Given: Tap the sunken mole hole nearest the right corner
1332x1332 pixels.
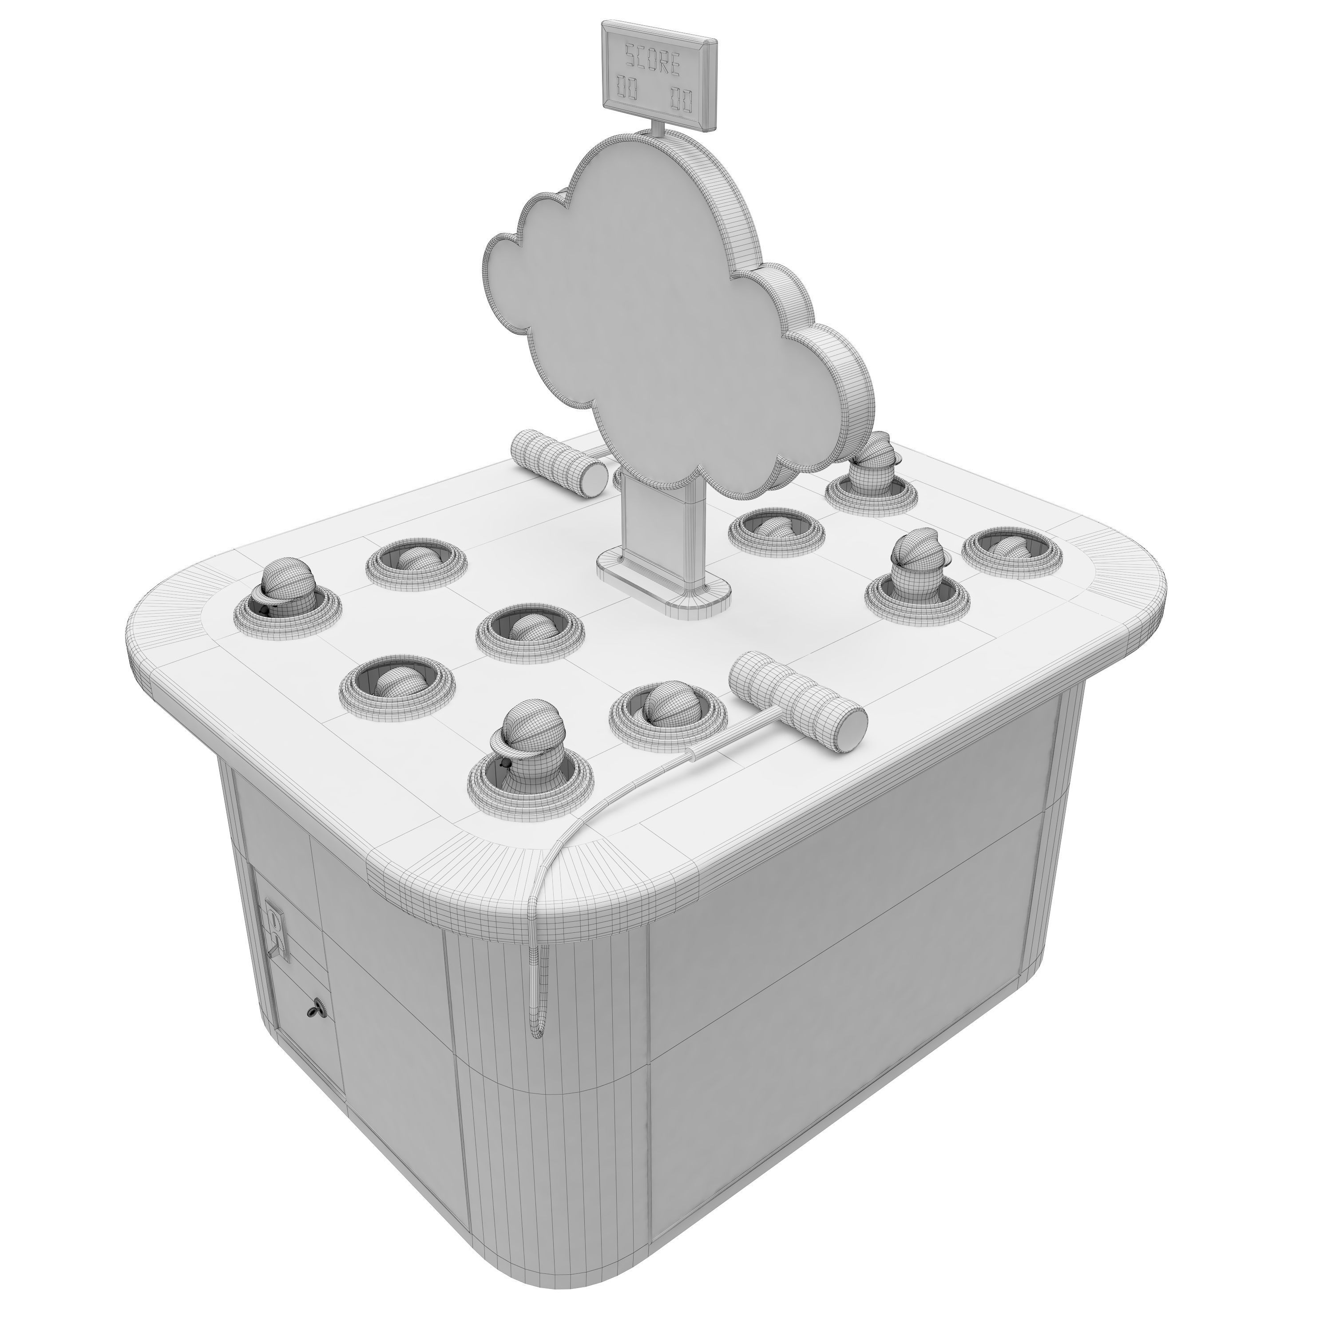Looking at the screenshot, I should pos(1011,548).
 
